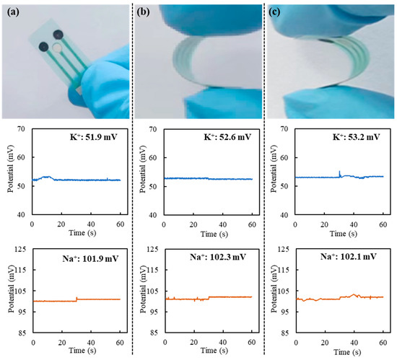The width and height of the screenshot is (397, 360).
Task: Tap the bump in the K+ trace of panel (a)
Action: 47,177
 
